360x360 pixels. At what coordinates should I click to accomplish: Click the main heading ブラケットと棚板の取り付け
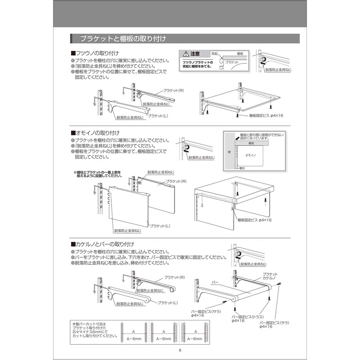123,39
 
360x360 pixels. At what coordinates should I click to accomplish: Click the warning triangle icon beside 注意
185,54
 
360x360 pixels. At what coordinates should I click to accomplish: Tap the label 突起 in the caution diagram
215,54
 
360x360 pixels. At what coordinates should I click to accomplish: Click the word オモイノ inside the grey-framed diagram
251,154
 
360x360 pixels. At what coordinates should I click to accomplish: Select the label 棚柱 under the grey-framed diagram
243,168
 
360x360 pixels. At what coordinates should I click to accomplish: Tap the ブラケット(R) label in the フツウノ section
173,90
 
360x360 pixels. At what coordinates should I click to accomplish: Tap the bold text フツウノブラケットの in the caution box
197,61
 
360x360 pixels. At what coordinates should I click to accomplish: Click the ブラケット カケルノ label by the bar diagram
269,276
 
